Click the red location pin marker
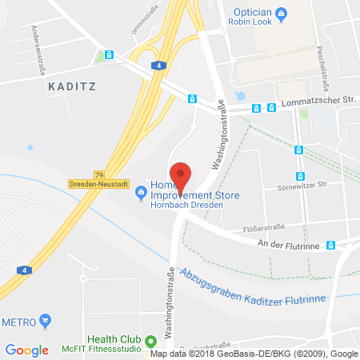point(182,174)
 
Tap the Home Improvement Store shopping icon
point(142,191)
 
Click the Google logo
point(26,350)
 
